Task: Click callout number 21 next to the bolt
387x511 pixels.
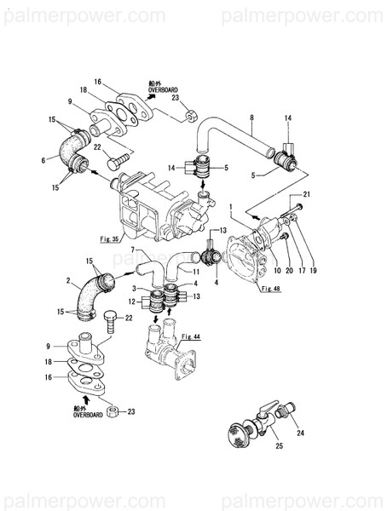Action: tap(307, 196)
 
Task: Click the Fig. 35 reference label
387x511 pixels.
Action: tap(130, 240)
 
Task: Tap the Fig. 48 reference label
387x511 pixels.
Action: tap(247, 290)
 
